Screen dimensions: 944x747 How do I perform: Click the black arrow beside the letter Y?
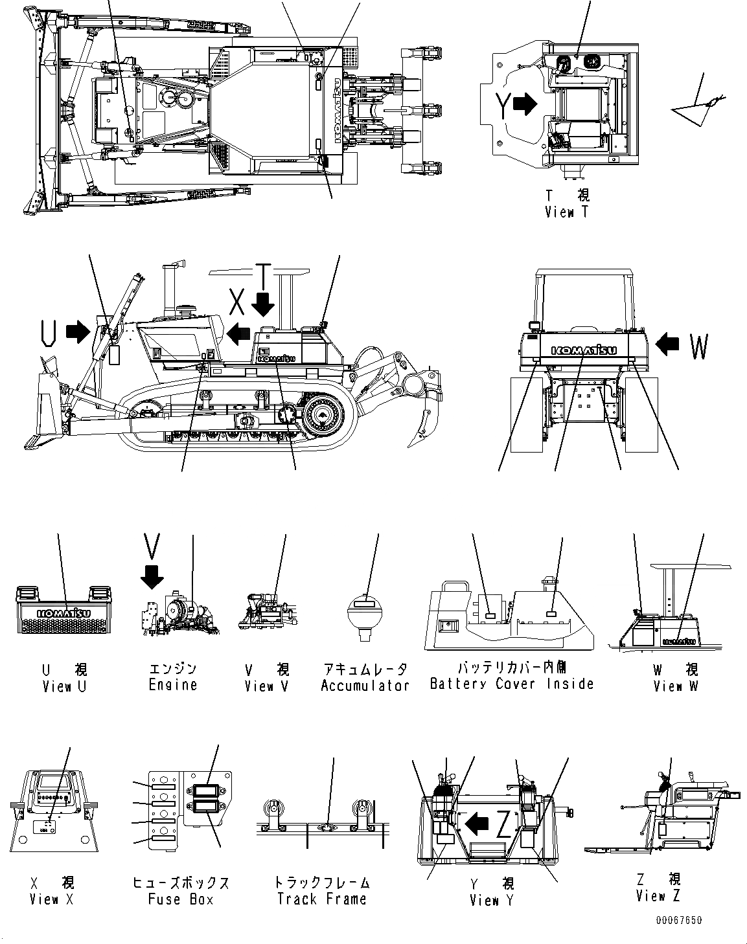(x=525, y=104)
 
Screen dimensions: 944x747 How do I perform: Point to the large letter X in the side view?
(x=238, y=302)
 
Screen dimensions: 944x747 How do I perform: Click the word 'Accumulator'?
(x=365, y=686)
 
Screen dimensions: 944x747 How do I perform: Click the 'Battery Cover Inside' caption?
(x=511, y=684)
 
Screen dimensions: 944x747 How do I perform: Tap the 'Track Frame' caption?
(x=321, y=899)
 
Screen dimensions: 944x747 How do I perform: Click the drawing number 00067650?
(x=678, y=921)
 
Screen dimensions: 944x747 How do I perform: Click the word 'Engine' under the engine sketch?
(x=172, y=685)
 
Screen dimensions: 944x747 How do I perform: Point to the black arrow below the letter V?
(x=152, y=576)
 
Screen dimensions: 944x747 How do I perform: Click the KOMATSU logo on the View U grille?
(x=63, y=613)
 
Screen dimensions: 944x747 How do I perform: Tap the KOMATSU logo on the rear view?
(x=584, y=350)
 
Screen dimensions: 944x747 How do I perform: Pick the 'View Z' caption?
(x=658, y=897)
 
